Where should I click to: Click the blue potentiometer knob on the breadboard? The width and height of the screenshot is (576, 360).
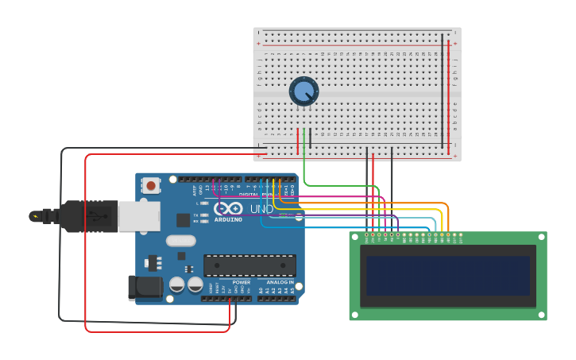click(x=303, y=91)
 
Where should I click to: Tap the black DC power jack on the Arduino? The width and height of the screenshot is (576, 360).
click(x=145, y=288)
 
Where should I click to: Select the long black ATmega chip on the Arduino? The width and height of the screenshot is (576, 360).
click(x=249, y=265)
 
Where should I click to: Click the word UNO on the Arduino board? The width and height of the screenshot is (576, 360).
click(x=262, y=209)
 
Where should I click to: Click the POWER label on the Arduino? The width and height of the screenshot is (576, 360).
click(x=242, y=282)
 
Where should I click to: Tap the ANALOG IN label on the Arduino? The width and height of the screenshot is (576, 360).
click(x=280, y=282)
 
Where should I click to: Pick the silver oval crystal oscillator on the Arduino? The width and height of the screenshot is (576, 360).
click(x=180, y=240)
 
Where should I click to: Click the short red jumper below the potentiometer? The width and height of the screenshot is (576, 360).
click(x=298, y=141)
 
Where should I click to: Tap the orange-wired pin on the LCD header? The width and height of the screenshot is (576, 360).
click(x=449, y=234)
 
